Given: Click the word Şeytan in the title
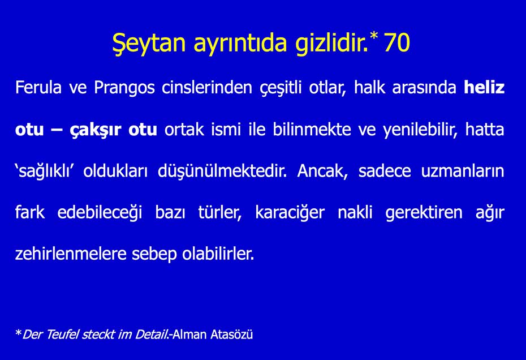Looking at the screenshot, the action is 149,44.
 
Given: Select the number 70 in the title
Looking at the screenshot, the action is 396,42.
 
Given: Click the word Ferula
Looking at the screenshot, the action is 38,87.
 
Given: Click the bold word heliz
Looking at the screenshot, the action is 484,87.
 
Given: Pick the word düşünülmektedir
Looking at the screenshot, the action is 222,172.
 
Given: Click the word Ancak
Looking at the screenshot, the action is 322,171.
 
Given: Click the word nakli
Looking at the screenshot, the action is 355,212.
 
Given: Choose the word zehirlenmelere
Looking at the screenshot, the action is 70,254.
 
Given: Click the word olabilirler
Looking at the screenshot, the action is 218,254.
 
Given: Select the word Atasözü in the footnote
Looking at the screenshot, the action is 232,335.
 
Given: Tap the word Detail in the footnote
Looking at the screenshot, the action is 151,335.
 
